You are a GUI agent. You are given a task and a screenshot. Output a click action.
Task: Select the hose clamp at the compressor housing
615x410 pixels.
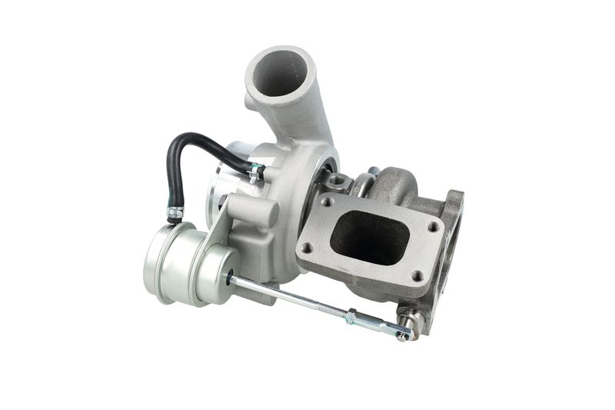tap(256, 172)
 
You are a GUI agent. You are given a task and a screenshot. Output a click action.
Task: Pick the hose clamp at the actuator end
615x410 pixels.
tap(175, 212)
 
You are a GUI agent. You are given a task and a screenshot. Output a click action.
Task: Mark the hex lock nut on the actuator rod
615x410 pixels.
tap(351, 315)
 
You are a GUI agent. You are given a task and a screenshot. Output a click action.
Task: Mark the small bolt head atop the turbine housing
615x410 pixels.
tap(374, 172)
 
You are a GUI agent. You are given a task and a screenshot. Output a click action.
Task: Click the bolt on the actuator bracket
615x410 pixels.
tap(223, 202)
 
